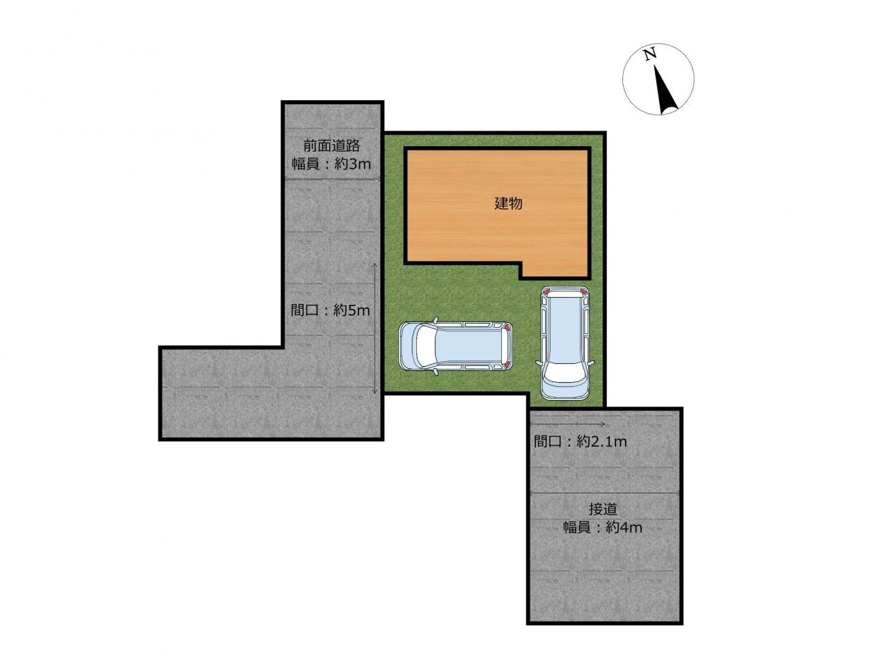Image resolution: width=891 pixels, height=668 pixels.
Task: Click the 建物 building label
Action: tap(508, 204)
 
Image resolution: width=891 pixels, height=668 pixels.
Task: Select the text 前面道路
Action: tap(331, 147)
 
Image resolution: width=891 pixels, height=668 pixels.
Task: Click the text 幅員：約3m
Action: tap(331, 165)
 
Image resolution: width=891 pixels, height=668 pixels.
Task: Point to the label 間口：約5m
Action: tap(330, 310)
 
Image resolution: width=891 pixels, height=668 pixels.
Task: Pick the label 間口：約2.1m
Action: tap(581, 441)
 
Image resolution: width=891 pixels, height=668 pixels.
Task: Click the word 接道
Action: tap(603, 509)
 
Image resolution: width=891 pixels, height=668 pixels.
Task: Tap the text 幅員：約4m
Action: tap(603, 527)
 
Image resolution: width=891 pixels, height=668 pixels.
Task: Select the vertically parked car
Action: tap(564, 343)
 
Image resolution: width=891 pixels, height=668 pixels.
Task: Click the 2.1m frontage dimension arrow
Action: tap(567, 424)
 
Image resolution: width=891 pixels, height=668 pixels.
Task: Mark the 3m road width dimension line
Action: tap(333, 180)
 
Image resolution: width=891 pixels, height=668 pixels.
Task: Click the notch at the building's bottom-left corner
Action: tap(521, 270)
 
